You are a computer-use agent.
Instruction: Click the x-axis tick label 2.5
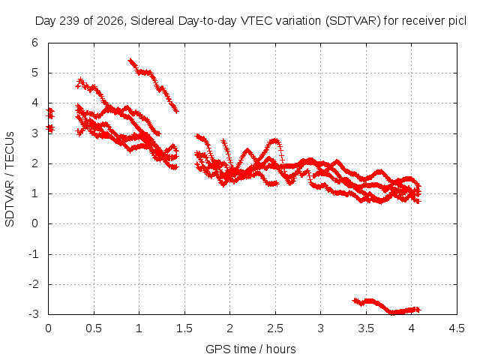coord(275,328)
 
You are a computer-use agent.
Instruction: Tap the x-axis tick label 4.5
coord(457,328)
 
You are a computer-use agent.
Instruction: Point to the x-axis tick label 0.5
coord(93,328)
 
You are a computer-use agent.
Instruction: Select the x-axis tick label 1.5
coord(184,328)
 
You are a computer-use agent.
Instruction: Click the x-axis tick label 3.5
coord(366,328)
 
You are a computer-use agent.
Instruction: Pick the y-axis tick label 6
coord(34,43)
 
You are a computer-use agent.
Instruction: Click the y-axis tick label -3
coord(34,314)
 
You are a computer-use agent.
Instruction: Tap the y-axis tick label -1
coord(34,253)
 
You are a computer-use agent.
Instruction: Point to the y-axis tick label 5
coord(34,73)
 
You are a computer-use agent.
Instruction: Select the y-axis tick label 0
coord(34,223)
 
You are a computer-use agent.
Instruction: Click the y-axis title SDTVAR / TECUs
coord(10,179)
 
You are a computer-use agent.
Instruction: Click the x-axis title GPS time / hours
coord(250,349)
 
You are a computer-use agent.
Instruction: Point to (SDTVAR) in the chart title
coord(353,21)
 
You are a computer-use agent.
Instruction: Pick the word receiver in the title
coord(423,21)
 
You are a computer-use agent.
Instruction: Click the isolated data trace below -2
coord(387,306)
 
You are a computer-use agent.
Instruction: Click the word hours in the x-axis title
coord(281,349)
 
